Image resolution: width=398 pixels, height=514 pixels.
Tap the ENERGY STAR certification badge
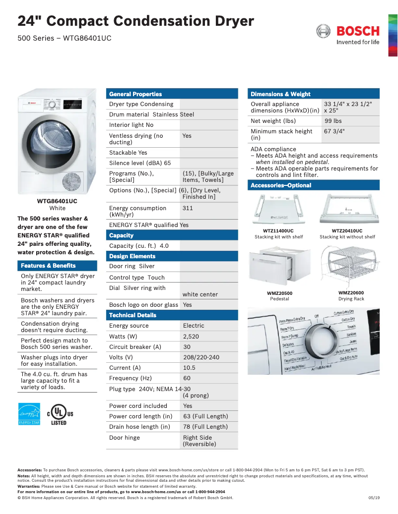(29, 413)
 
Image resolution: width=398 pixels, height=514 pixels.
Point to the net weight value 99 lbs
(333, 121)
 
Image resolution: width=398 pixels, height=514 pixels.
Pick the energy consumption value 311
(188, 208)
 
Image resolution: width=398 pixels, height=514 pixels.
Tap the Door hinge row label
(125, 438)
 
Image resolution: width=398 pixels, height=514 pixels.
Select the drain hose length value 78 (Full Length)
(205, 427)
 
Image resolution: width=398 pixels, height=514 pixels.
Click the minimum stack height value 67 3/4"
(334, 131)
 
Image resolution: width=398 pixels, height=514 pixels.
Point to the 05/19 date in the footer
(374, 498)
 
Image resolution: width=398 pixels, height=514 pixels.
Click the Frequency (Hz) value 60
(187, 378)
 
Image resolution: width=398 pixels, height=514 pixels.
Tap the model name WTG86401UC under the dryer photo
(57, 201)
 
